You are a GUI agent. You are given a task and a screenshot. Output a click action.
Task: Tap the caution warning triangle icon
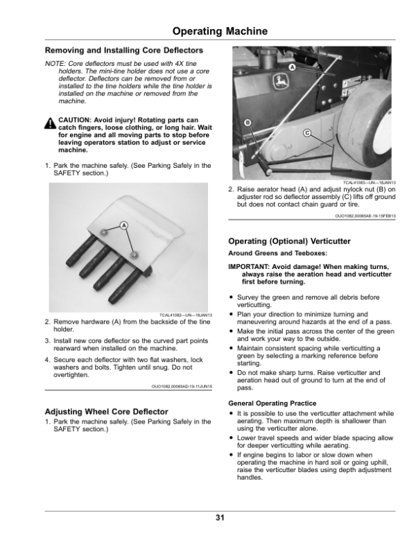(51, 123)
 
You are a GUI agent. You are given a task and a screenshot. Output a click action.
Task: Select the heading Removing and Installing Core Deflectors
(123, 51)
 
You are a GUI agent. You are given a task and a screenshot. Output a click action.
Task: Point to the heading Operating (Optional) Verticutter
(289, 241)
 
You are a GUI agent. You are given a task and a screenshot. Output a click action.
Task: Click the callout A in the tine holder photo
(123, 225)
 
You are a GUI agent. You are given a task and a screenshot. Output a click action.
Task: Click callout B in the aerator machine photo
(246, 123)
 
